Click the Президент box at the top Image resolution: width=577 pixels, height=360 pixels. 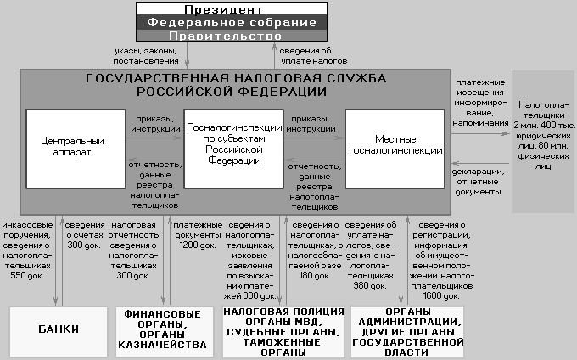(x=232, y=8)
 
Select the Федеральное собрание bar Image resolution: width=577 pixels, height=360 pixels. (x=232, y=23)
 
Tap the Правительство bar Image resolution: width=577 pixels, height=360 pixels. (x=232, y=37)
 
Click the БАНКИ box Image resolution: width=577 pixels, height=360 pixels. (x=59, y=329)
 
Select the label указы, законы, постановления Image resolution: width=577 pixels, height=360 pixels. (x=147, y=56)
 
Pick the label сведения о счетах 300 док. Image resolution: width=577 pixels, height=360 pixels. (x=85, y=228)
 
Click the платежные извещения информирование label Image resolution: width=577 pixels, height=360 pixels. (x=481, y=99)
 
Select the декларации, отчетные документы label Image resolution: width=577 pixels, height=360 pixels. (x=477, y=181)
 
